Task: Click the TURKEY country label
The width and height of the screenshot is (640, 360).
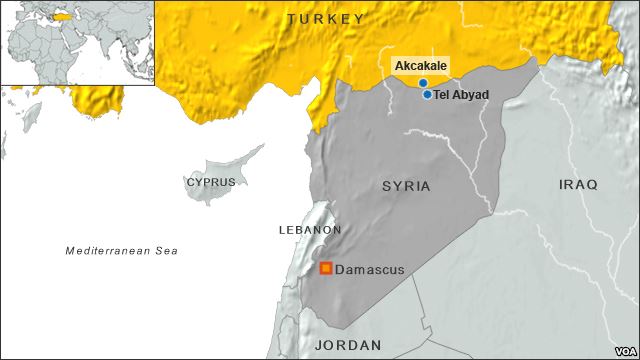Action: pos(325,19)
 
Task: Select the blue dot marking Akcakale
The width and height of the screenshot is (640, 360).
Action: pos(423,83)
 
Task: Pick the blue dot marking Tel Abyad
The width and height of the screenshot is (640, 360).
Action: pos(427,95)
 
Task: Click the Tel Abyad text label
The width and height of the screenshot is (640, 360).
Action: pos(462,95)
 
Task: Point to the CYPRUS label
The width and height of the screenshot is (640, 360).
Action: pos(211,182)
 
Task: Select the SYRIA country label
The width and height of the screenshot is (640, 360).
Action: pos(406,186)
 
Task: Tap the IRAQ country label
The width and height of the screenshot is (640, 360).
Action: pos(578,185)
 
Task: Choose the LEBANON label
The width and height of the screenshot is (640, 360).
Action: pos(310,230)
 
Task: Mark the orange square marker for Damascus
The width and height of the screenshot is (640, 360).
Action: pos(326,269)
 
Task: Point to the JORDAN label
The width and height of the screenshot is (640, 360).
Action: pos(348,345)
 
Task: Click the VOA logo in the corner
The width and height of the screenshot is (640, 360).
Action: pos(621,350)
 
